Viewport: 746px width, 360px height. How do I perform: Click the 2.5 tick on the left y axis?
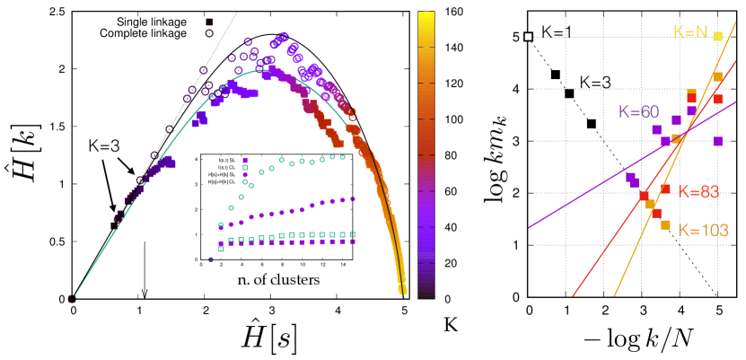point(57,13)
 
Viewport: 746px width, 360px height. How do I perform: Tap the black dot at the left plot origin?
point(73,299)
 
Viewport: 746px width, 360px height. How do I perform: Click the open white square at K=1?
point(529,37)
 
